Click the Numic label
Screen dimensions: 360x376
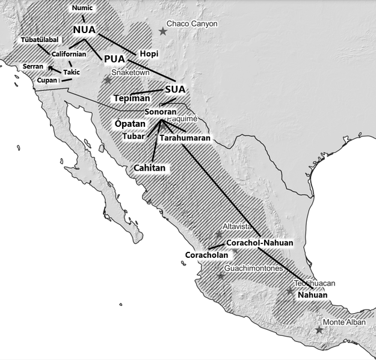coord(82,8)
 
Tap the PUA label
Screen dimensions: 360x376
coord(114,59)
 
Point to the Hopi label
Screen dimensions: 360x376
coord(149,54)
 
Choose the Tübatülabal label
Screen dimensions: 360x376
coord(40,40)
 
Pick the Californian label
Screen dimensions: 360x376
coord(72,54)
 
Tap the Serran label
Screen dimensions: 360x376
coord(33,66)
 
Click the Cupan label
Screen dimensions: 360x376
coord(47,81)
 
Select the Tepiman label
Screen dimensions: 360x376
coord(132,98)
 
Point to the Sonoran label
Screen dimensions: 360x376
coord(161,112)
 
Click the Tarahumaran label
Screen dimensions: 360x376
coord(185,138)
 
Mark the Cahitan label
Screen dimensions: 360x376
coord(150,168)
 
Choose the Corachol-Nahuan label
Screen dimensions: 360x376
coord(259,243)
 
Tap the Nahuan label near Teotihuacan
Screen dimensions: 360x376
coord(313,295)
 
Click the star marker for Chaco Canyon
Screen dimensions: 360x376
coord(161,31)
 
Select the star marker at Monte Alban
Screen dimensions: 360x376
coord(319,330)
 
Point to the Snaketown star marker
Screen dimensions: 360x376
coord(108,79)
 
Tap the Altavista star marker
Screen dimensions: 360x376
coord(218,234)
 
